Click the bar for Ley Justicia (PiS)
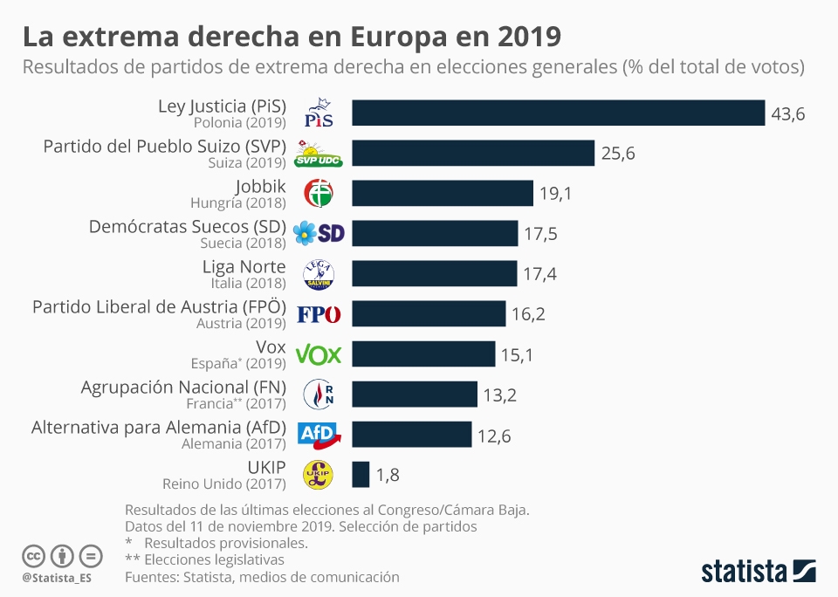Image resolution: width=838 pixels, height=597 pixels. [559, 113]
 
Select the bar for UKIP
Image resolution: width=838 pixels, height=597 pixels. [361, 474]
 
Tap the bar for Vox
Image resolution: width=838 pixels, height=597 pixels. [423, 353]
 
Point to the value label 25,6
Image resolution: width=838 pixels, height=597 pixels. [618, 154]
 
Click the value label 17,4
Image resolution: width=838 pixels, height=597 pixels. [539, 274]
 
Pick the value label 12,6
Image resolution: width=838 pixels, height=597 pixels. [494, 435]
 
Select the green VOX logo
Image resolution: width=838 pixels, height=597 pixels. [319, 353]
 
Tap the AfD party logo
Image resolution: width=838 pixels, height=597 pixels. [319, 434]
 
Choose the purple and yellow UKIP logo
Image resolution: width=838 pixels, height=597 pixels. [318, 474]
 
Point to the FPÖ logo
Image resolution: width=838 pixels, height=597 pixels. [319, 314]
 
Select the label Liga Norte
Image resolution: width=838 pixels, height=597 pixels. [244, 266]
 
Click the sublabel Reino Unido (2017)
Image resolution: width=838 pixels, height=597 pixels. [224, 483]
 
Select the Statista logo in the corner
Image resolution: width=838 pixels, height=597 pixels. [759, 571]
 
